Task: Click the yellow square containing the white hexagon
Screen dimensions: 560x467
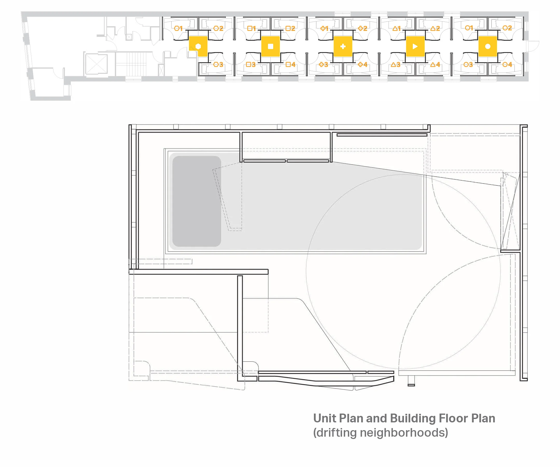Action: (198, 46)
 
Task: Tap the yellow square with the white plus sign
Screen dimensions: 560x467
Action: (343, 46)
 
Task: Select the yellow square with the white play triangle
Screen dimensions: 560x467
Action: (415, 46)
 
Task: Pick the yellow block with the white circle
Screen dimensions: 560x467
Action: (487, 46)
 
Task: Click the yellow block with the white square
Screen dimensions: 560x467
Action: (270, 46)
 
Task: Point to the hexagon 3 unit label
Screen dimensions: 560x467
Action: (218, 64)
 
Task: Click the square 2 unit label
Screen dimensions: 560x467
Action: (290, 28)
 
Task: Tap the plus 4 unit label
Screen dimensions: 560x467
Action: (362, 64)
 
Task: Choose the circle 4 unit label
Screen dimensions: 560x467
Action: (507, 64)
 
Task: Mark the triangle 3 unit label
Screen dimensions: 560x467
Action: (395, 64)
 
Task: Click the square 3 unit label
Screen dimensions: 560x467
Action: (251, 64)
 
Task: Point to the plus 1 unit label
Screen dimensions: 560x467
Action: (324, 28)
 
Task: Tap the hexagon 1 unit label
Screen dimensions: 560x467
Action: (178, 28)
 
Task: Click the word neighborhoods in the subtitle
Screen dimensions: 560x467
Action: (404, 432)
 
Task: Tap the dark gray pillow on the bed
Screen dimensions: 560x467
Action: (197, 201)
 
